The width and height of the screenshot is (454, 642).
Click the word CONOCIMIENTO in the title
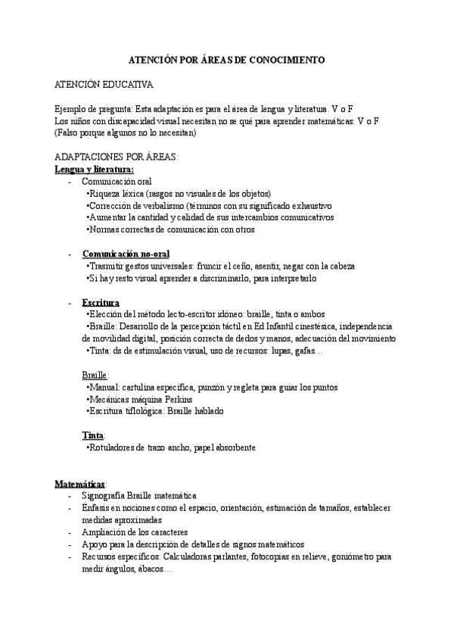pyautogui.click(x=287, y=58)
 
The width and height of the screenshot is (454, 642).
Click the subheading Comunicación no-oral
pyautogui.click(x=126, y=254)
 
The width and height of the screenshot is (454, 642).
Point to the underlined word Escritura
pyautogui.click(x=101, y=302)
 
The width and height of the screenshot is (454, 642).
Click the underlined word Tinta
pyautogui.click(x=93, y=435)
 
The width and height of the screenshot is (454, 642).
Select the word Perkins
pyautogui.click(x=175, y=399)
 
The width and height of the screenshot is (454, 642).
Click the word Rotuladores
pyautogui.click(x=116, y=447)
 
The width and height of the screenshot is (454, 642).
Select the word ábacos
pyautogui.click(x=154, y=568)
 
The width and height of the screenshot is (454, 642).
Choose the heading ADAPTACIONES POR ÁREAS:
pyautogui.click(x=116, y=157)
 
